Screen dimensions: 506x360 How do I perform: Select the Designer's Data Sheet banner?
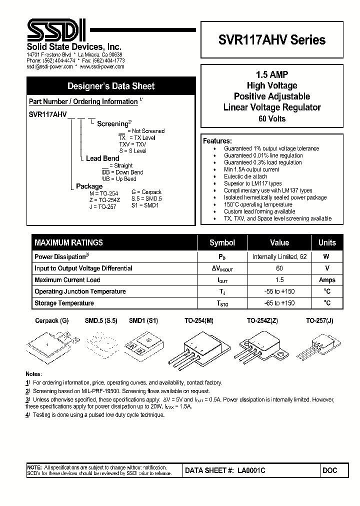point(111,86)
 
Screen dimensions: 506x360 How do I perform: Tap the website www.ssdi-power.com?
point(102,66)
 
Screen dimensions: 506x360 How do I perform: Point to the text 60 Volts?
point(272,118)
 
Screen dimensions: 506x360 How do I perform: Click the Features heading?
point(217,141)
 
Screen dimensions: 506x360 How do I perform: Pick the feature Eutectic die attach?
point(245,176)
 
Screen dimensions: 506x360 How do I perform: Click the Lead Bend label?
point(102,158)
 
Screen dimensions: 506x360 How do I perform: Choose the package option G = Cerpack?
point(146,192)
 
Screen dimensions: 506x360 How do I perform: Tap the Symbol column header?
point(222,242)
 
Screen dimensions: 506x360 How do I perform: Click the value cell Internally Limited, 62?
point(279,256)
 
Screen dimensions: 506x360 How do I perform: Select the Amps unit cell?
point(327,280)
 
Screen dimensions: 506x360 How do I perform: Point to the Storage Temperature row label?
point(64,303)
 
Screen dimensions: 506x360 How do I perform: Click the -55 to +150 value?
point(279,291)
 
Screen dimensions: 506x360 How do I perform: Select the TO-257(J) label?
point(319,321)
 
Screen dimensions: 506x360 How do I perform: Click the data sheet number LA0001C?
point(251,470)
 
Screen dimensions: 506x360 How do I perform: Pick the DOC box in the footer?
point(330,470)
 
